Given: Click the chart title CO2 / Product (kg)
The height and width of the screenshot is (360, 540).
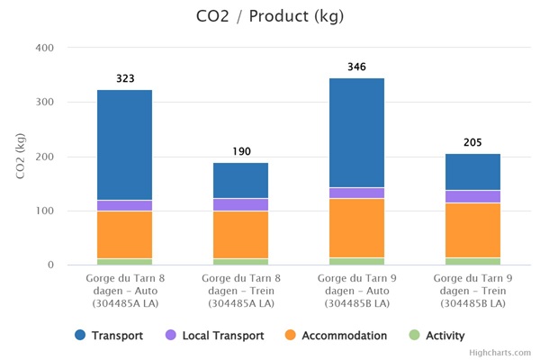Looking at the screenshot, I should pyautogui.click(x=269, y=16).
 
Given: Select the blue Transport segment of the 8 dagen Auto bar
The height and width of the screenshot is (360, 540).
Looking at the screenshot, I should pyautogui.click(x=124, y=144).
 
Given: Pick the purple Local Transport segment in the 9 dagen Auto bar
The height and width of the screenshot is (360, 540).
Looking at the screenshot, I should pyautogui.click(x=356, y=193).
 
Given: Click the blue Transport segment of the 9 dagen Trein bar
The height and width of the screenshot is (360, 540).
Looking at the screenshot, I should pyautogui.click(x=472, y=171).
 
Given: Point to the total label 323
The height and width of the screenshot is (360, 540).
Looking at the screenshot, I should pyautogui.click(x=125, y=79).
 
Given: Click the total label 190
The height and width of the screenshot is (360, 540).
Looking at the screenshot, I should pyautogui.click(x=241, y=151).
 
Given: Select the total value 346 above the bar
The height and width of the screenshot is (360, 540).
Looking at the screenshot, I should pyautogui.click(x=356, y=67).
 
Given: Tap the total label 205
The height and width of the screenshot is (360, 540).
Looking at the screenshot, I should pyautogui.click(x=472, y=143).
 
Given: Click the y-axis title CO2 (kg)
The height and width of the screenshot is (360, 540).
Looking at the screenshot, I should pyautogui.click(x=21, y=157).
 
